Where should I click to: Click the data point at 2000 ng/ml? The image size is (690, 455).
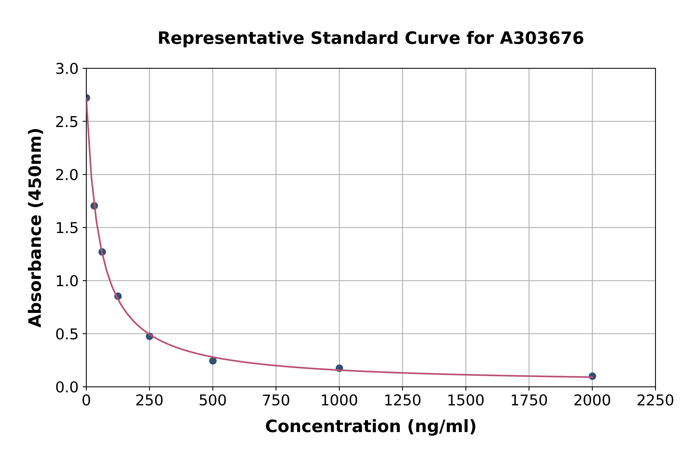(592, 376)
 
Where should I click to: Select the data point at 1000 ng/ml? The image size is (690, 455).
(339, 368)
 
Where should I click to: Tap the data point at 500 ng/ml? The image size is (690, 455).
(213, 361)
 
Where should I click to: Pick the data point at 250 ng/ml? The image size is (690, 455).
(149, 336)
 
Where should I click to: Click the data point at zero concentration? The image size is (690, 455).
(86, 98)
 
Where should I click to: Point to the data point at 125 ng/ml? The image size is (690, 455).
(118, 296)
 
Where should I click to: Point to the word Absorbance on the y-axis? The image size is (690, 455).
(35, 271)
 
